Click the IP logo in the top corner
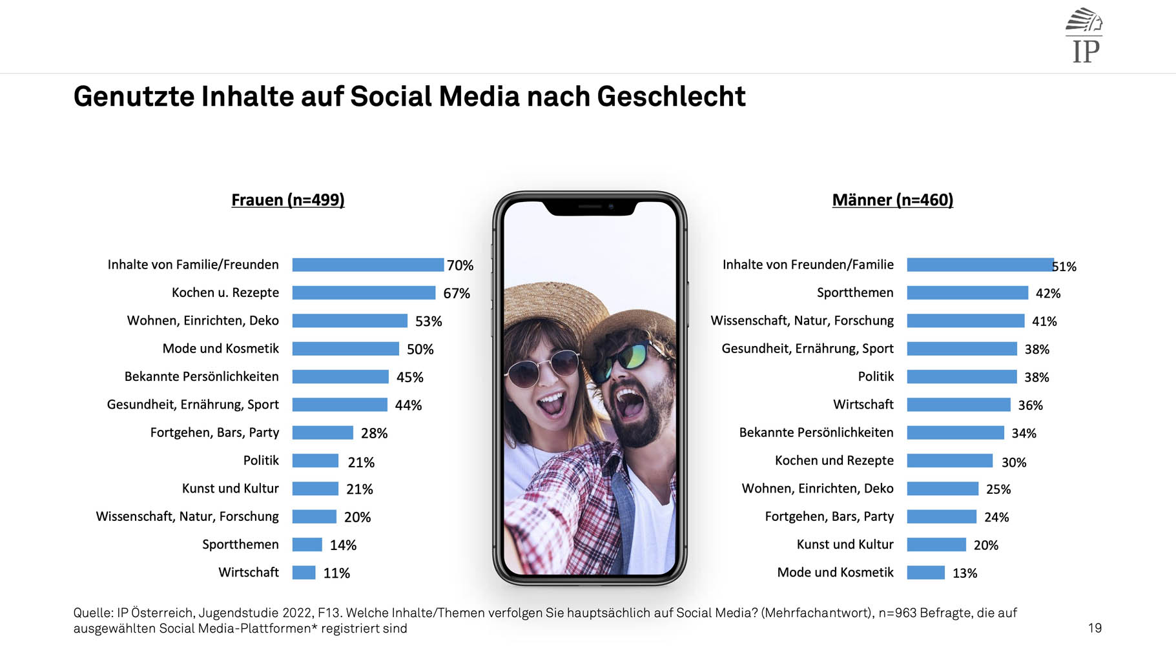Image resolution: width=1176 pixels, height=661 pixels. [x=1085, y=36]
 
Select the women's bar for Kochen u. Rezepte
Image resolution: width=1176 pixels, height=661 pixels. [x=364, y=293]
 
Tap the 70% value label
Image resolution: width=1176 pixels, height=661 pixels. [x=460, y=265]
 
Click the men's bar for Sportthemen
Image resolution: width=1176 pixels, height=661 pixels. [x=967, y=293]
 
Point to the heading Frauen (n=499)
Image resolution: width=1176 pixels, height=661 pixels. [x=288, y=200]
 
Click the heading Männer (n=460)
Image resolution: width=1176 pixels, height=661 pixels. [x=892, y=200]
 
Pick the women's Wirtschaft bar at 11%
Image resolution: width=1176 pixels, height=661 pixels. [x=304, y=573]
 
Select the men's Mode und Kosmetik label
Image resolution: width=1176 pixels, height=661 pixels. [x=835, y=573]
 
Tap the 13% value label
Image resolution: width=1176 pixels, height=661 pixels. [x=965, y=573]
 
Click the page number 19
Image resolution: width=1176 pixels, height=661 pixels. [x=1095, y=628]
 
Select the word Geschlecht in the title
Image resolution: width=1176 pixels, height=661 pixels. [x=671, y=97]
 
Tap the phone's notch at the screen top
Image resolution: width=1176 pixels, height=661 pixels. [x=590, y=207]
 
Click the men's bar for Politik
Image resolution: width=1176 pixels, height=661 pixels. [x=962, y=377]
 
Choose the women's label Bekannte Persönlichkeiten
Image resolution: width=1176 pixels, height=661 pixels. [x=201, y=377]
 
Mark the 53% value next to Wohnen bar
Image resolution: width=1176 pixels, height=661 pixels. [x=428, y=321]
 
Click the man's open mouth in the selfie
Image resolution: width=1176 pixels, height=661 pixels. [x=630, y=403]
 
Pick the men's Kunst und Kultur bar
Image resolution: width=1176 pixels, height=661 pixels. [x=936, y=545]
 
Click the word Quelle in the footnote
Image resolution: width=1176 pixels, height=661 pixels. [x=92, y=613]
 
